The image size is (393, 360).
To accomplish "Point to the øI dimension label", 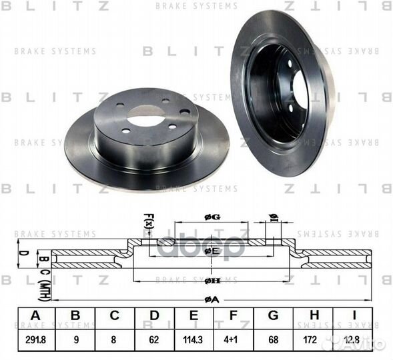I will tap(274, 217).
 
